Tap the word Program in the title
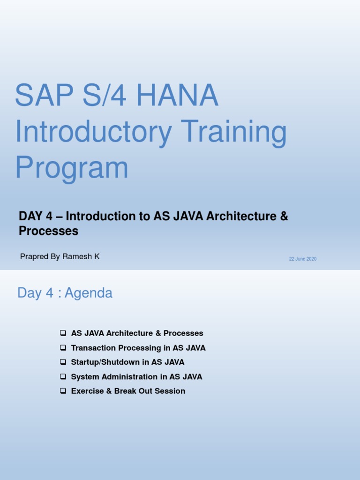point(72,168)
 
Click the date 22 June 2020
point(303,259)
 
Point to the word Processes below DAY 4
point(48,231)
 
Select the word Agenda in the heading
point(89,293)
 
